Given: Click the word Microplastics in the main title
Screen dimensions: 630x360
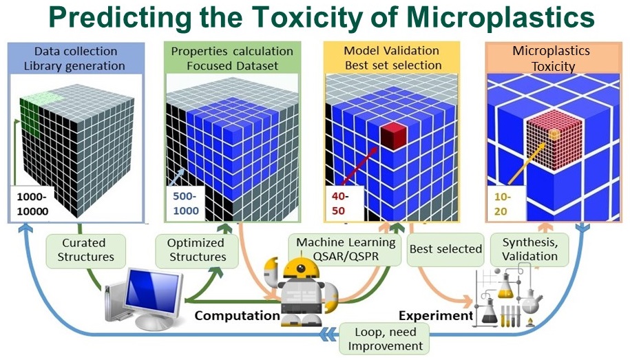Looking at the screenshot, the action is (501, 19).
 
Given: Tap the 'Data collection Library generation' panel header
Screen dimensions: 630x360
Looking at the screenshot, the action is (76, 59).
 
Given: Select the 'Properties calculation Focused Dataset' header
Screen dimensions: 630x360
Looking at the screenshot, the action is (232, 59).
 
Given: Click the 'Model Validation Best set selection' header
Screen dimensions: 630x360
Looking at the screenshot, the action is (392, 58).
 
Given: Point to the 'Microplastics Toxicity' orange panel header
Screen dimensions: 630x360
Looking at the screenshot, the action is (553, 58).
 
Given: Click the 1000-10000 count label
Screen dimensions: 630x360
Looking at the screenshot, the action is (32, 204).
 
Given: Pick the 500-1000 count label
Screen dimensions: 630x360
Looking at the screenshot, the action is (186, 204).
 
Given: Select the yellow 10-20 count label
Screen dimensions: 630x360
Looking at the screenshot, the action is (502, 204).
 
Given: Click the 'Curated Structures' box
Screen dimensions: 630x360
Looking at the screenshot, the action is (85, 251).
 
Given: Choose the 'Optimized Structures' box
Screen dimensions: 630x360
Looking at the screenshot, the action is (197, 251).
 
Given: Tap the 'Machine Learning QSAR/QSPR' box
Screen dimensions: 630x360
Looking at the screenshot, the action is (345, 250).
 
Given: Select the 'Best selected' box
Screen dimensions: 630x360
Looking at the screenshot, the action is (445, 249).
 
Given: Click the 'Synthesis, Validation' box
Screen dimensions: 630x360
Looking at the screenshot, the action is (530, 250).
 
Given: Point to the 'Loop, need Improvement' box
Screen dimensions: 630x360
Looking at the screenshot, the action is (384, 339).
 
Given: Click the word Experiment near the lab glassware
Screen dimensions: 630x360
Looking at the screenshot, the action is (436, 316).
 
